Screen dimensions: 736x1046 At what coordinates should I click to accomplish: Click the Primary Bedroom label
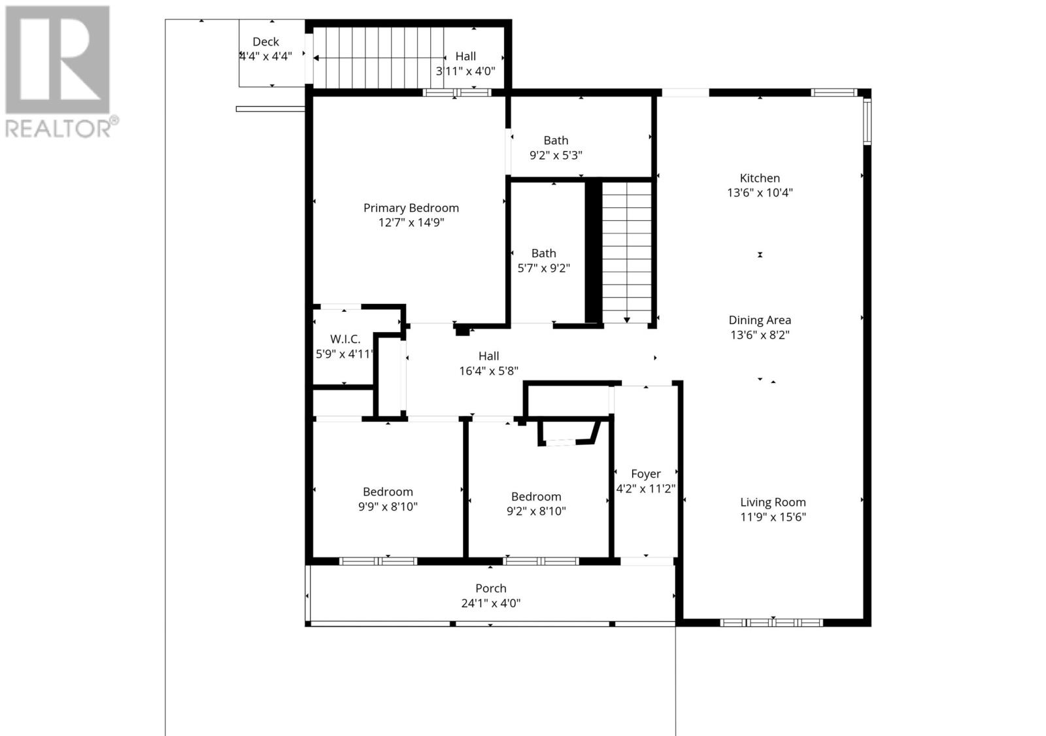411,208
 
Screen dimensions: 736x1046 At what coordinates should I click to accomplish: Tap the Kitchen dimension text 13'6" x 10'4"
760,193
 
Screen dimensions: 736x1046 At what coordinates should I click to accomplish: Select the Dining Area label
760,320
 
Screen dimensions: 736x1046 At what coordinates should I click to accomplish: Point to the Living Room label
773,502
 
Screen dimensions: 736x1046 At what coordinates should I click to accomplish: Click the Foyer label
645,474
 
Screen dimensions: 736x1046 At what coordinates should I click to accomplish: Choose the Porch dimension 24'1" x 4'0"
490,603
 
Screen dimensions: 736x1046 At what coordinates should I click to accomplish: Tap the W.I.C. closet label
345,339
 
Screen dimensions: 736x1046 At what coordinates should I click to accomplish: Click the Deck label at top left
265,42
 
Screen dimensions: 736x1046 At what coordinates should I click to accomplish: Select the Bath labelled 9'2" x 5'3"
556,141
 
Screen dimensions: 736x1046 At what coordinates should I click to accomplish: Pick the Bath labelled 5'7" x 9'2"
543,253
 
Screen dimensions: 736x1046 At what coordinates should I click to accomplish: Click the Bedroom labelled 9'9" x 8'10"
388,492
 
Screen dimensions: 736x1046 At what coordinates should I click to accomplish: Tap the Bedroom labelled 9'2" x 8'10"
536,497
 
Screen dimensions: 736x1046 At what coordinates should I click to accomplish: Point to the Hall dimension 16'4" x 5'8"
488,371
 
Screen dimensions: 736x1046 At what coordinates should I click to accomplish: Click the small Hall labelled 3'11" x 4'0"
465,57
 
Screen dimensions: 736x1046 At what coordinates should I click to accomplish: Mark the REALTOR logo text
62,128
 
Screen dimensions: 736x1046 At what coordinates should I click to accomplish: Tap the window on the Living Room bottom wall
771,622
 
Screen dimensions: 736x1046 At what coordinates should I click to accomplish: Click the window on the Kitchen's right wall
867,121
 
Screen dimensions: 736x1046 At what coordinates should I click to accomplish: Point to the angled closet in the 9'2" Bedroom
567,433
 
